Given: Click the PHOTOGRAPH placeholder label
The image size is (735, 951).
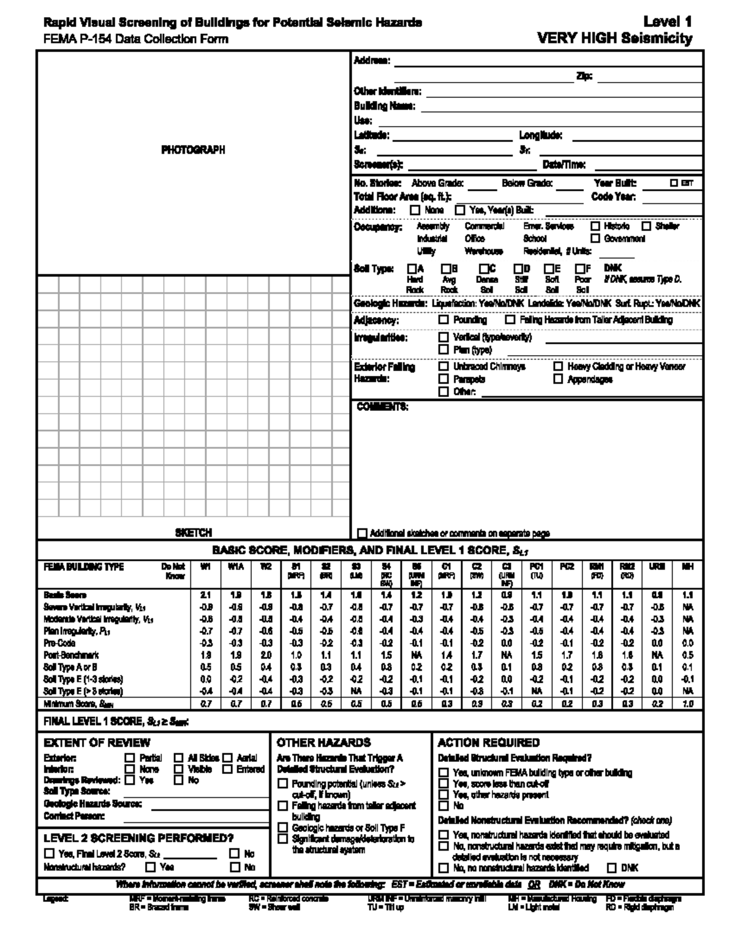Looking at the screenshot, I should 193,150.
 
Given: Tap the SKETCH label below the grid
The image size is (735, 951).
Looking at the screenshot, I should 194,533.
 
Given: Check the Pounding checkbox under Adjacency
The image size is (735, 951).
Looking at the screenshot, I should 443,320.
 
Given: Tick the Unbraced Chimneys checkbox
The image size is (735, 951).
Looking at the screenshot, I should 443,366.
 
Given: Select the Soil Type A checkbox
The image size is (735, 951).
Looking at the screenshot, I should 412,268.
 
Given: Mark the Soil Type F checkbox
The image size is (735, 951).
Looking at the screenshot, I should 579,268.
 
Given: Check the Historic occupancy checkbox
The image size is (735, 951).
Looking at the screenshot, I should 595,226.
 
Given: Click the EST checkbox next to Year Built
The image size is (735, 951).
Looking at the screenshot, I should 674,182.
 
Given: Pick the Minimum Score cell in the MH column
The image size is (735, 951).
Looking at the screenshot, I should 688,704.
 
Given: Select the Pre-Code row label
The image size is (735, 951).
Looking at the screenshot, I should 59,643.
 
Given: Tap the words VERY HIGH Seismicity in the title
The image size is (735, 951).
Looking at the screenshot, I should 614,39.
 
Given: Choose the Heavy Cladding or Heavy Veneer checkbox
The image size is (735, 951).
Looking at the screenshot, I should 558,366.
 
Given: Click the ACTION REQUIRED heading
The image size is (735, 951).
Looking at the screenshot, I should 489,743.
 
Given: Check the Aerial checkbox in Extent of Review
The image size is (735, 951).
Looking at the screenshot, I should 227,758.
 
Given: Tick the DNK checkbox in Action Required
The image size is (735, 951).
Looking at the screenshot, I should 612,868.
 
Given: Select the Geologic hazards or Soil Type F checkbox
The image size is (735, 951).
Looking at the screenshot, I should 282,828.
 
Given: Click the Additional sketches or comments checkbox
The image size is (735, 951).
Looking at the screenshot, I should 362,533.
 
